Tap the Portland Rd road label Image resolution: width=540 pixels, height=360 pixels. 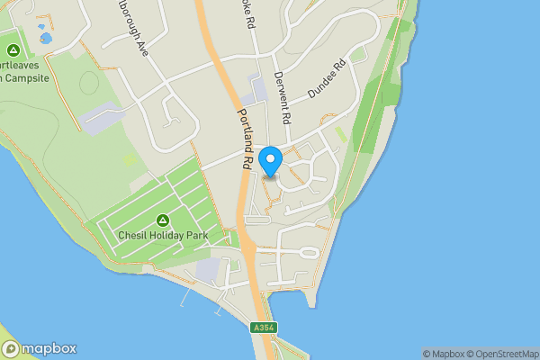coord(244,140)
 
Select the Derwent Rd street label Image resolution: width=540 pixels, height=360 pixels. coord(284,98)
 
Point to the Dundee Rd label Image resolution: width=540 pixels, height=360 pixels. coord(327,79)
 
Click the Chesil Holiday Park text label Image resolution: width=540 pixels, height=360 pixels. coord(163,236)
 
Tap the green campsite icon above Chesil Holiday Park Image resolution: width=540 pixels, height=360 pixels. coord(163,220)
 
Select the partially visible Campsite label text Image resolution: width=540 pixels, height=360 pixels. coord(23,77)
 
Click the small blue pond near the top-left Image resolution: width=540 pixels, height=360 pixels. coord(45,38)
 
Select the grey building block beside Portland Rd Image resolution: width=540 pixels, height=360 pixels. coord(258,90)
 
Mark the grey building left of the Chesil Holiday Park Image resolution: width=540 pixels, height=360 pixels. coord(101,117)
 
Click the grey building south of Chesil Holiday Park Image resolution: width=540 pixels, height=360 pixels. coord(207,268)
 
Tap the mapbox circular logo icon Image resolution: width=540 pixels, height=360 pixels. coord(11,349)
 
